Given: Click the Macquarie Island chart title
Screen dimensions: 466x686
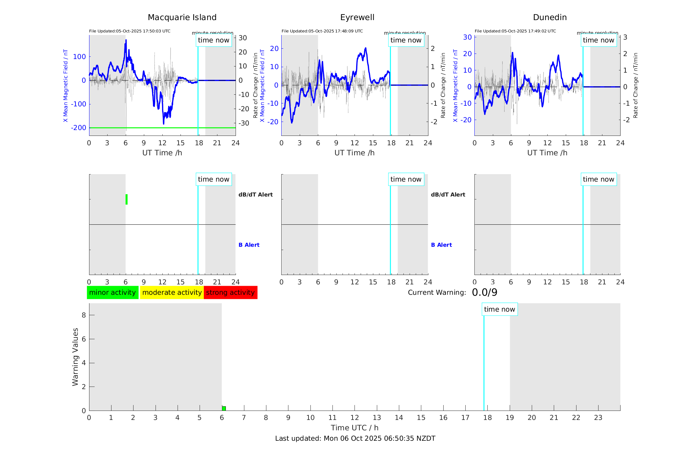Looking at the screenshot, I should point(182,18).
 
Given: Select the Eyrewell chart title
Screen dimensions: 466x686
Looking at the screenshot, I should point(357,18).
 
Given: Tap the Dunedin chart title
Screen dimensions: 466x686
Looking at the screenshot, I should point(550,18).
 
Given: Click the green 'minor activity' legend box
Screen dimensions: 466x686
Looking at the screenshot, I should point(112,293).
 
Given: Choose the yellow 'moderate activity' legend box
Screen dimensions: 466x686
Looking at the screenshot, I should point(172,293).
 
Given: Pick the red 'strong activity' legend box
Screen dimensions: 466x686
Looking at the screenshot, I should point(230,293).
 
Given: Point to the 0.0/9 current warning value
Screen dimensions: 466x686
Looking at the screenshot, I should point(484,293).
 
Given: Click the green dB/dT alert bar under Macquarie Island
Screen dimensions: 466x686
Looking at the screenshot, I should point(126,199).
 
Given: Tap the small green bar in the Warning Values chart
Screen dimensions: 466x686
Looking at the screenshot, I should point(224,408).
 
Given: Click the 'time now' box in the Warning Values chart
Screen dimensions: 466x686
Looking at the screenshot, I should point(499,309).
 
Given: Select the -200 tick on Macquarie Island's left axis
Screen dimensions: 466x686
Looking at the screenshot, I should point(79,128).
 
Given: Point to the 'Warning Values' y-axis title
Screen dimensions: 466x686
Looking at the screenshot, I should point(75,357).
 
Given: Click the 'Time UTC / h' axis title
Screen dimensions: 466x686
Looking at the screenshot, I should point(355,428).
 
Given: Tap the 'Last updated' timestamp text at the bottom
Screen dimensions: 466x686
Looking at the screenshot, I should point(355,438).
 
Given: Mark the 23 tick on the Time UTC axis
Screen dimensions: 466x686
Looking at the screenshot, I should point(598,418).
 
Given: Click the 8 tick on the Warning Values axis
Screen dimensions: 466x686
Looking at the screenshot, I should point(84,315).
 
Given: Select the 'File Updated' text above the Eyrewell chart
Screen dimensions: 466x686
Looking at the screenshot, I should point(322,31).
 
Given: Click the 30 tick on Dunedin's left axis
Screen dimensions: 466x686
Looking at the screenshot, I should point(467,37).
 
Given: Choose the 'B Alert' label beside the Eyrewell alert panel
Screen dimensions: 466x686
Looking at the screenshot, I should point(441,245).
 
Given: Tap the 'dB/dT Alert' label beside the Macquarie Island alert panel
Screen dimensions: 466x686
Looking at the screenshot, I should point(255,195).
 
